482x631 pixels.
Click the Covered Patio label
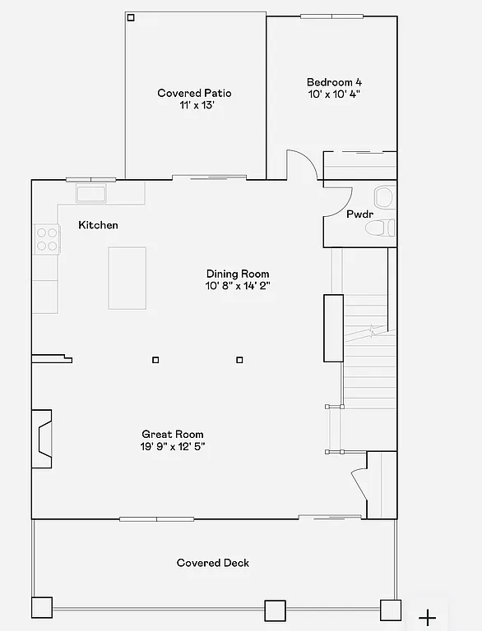pos(195,93)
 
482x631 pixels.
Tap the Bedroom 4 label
pos(334,82)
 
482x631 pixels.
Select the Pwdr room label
pos(359,214)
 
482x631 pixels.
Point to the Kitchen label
pos(98,225)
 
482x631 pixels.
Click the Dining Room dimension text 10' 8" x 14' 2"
pos(238,286)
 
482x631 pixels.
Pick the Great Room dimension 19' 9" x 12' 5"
pos(173,446)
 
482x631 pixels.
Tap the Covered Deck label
pos(213,563)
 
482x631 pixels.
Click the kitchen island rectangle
pos(127,278)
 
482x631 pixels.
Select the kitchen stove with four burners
pos(47,238)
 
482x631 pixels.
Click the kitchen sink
pos(90,194)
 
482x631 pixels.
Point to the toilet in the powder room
pos(381,228)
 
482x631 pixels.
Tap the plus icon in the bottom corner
pos(427,617)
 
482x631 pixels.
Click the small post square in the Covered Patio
pos(131,17)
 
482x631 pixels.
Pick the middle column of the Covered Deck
pos(275,610)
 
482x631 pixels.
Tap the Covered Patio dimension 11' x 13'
pos(197,105)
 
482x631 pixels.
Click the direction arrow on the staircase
pos(373,332)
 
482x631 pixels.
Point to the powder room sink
pos(383,197)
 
